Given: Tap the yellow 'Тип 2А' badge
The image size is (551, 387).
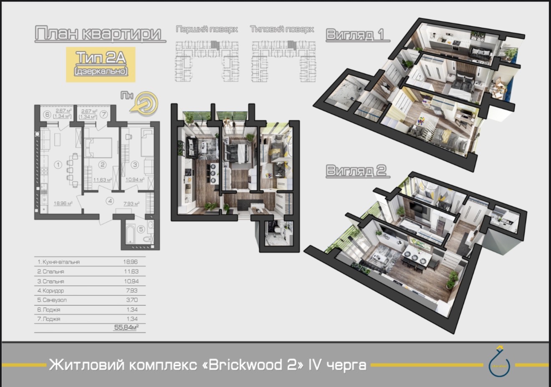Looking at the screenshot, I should point(101,64).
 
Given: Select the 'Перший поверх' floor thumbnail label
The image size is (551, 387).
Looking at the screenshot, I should point(207,29).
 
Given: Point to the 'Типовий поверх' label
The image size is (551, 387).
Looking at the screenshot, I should point(282,29).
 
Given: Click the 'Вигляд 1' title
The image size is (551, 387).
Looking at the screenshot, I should point(355,34).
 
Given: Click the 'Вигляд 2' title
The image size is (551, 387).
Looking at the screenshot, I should point(356,171).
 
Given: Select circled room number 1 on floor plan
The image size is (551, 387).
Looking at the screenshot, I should point(58,165).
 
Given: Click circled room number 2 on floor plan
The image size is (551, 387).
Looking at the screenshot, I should point(102,165).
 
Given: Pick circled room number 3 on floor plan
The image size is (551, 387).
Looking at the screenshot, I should point(135,165).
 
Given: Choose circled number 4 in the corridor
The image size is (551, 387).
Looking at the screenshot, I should point(110,201).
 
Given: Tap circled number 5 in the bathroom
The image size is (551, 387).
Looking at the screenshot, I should point(141,229).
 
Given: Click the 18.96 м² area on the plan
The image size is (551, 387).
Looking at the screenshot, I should point(63,204).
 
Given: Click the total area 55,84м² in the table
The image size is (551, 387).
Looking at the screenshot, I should point(126,328).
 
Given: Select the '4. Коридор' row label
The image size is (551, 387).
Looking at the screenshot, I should point(51,290).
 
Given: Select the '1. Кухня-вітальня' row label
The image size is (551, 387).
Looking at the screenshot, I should point(58,262).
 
